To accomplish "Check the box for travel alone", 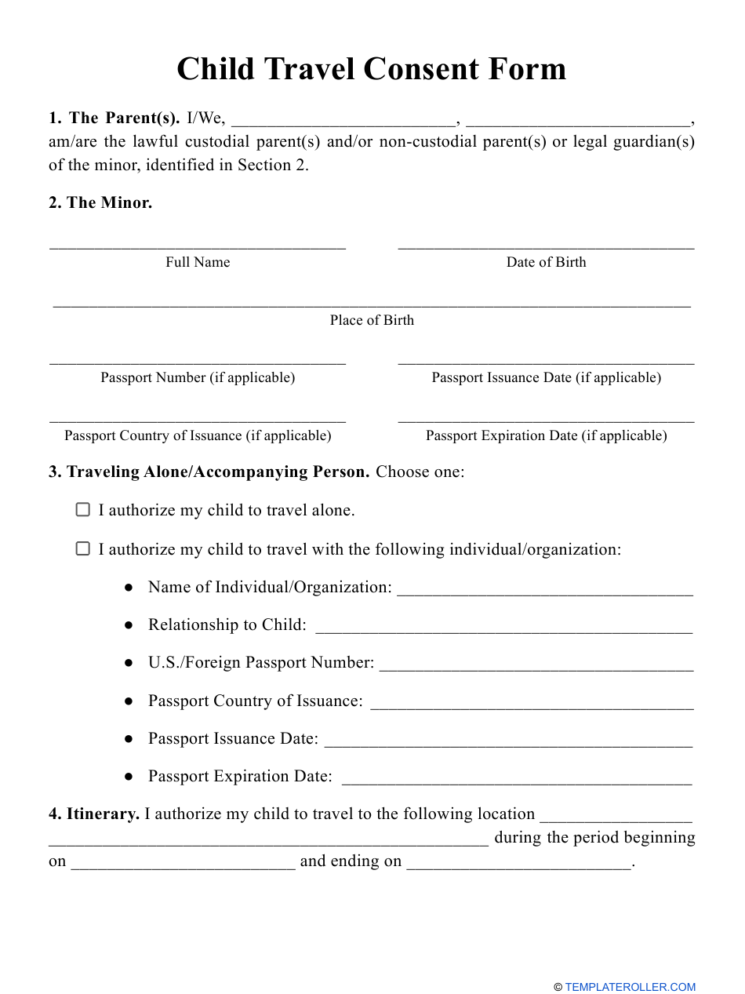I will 82,510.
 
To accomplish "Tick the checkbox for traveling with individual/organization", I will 82,549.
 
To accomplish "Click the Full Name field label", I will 198,262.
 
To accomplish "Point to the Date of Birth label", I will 546,262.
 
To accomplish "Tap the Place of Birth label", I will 372,320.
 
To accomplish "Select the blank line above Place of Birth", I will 372,304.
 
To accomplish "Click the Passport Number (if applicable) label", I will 198,377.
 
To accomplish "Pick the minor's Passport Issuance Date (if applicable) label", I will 546,377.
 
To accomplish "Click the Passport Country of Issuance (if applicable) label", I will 198,435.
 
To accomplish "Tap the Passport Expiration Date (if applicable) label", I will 546,435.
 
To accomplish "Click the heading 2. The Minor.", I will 100,202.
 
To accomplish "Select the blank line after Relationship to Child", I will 503,629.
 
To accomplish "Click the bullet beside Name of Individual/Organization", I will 129,588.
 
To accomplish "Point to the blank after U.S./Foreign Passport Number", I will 536,667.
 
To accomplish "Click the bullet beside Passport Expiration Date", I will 129,777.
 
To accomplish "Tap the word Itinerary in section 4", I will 103,814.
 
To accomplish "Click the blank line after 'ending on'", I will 518,865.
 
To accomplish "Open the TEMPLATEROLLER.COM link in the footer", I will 630,987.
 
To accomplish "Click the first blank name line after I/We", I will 343,123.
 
